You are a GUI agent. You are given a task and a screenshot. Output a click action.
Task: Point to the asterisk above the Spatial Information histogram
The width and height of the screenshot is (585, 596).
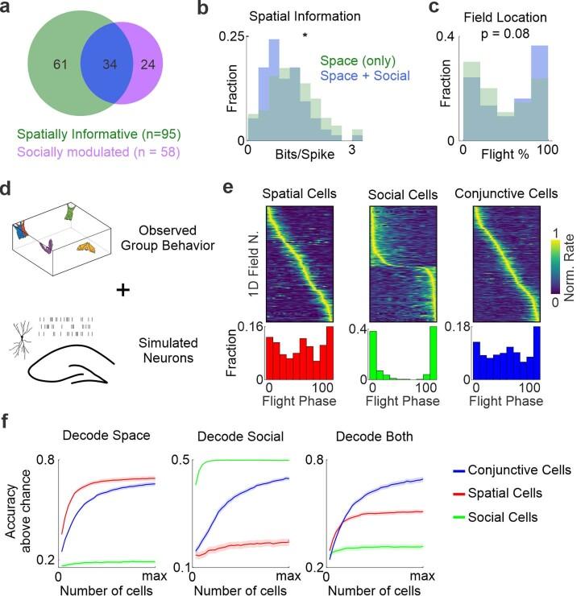(x=305, y=36)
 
